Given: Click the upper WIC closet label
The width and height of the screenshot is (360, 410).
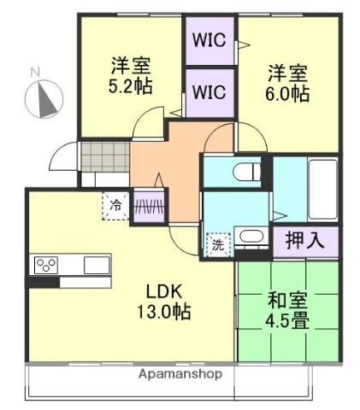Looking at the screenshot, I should coord(210,39).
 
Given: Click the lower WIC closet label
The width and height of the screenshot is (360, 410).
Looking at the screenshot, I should coord(210,91).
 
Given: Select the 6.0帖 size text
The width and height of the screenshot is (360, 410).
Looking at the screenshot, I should coord(286,94).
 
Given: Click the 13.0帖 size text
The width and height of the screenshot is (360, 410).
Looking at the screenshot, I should coord(161,311).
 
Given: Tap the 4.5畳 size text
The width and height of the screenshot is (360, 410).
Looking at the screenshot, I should coord(287,322).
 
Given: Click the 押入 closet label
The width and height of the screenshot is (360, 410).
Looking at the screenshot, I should coord(304,240).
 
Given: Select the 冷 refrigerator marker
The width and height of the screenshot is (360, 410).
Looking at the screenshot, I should coord(115,205).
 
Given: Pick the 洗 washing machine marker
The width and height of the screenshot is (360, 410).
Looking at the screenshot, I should coord(218,243).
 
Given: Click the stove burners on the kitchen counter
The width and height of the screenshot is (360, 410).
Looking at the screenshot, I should coord(44,265).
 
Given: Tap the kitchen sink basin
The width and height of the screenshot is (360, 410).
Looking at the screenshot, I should coord(96,265).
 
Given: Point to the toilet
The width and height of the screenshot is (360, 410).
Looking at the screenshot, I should coord(249,170).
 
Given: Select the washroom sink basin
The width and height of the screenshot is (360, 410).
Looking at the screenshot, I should coord(251,236).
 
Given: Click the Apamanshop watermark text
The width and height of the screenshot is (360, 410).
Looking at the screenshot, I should coord(180,374).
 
